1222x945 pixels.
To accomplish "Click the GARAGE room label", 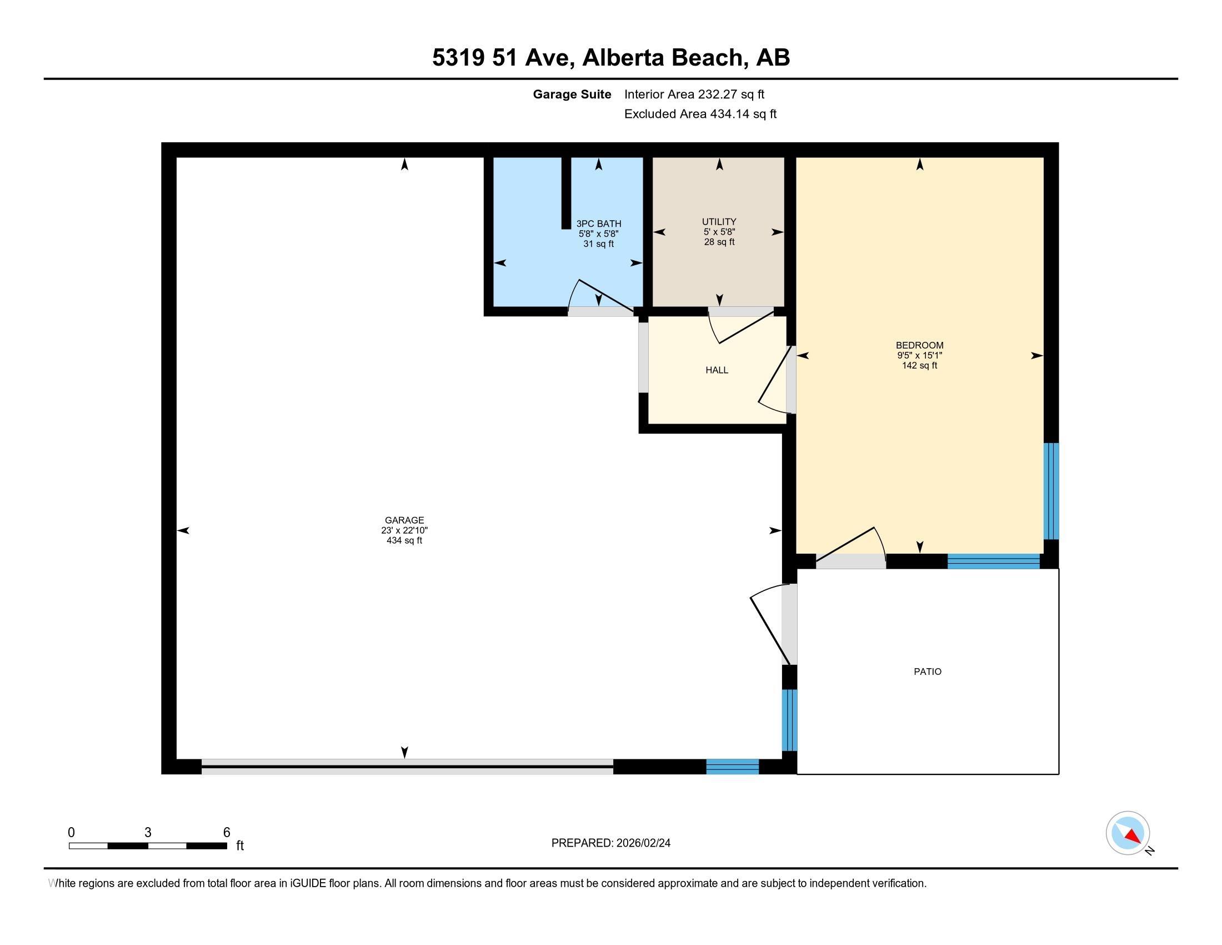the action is [x=404, y=520].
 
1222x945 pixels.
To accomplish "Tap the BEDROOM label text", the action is [x=919, y=345].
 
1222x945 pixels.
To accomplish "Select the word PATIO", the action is [x=928, y=672].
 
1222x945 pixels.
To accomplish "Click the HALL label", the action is [x=717, y=370].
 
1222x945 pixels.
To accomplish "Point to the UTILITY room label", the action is [x=719, y=222].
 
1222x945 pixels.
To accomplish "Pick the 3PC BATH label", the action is [x=599, y=224].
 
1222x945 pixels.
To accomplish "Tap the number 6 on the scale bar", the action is [x=227, y=833].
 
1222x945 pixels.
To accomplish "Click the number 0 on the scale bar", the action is [x=71, y=833].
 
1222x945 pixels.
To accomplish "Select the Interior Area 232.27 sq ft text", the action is [x=694, y=94].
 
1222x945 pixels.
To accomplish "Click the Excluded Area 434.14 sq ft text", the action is [x=700, y=113].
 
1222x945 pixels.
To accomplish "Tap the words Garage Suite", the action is [x=572, y=94].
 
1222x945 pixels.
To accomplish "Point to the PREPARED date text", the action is [x=610, y=843].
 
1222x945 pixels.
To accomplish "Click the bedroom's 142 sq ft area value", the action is [x=919, y=366].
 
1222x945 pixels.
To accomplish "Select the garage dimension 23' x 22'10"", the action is [x=404, y=530].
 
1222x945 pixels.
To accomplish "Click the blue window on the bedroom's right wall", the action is [x=1051, y=491].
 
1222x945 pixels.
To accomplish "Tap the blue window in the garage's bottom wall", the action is [x=733, y=767].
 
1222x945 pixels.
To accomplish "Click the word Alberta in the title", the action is [x=623, y=57].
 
